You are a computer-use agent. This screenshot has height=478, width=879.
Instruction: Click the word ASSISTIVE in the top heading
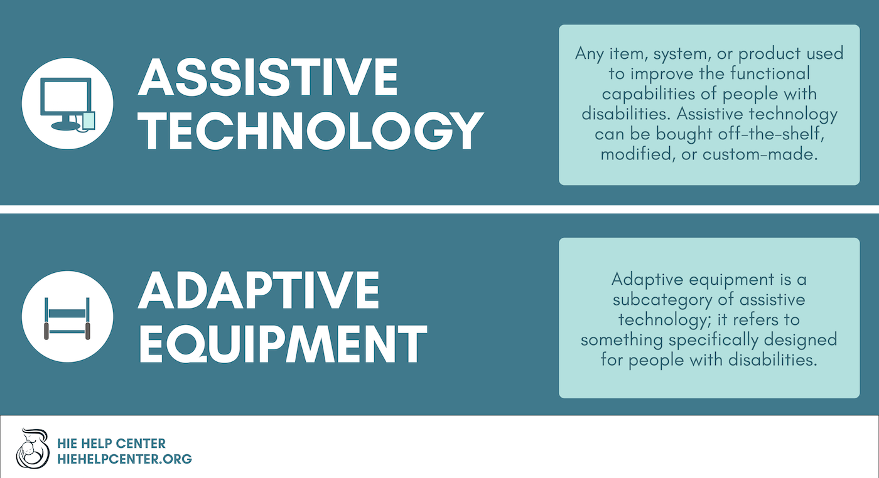tap(267, 77)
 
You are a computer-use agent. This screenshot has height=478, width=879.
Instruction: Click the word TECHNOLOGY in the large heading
tap(310, 131)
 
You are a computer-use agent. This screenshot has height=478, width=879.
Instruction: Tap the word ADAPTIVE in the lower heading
tap(259, 290)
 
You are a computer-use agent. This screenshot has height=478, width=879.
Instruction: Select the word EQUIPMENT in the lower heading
tap(283, 344)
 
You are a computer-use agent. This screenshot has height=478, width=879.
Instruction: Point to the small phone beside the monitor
tap(89, 121)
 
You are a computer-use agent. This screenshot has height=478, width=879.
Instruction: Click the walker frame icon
tap(67, 319)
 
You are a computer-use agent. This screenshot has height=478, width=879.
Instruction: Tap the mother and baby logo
tap(33, 449)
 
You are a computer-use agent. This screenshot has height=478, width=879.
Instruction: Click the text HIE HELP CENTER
tap(112, 443)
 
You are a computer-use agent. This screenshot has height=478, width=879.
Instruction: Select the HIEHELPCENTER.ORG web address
tap(124, 459)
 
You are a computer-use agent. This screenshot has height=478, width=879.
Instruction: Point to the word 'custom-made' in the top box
tap(760, 154)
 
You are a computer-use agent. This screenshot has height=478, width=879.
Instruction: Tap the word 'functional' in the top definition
tap(770, 73)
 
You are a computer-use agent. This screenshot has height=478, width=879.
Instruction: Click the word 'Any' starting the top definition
tap(590, 54)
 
